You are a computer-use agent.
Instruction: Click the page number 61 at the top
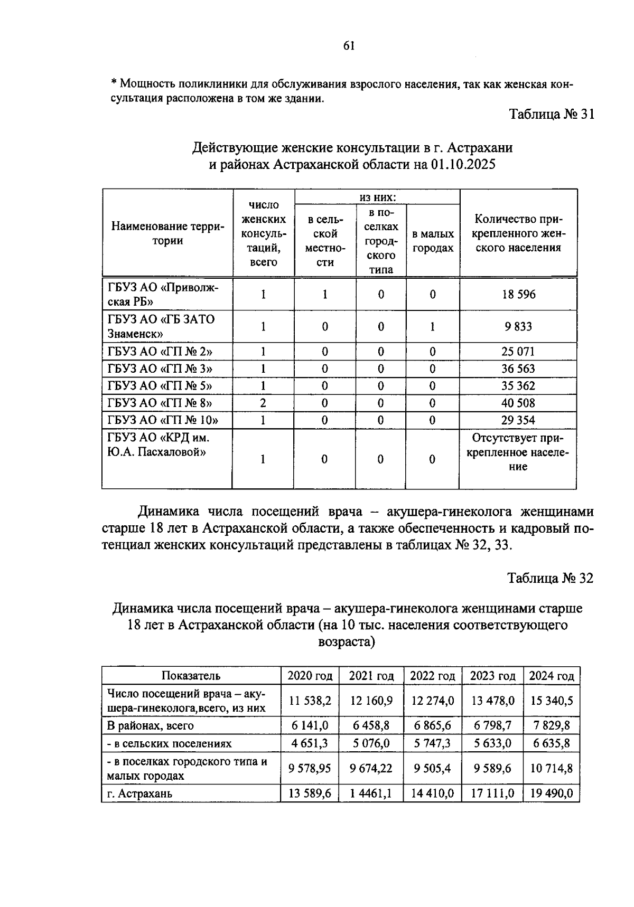[349, 45]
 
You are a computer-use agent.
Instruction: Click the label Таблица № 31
[551, 114]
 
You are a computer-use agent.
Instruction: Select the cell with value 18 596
[518, 294]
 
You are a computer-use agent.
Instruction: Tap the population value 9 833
[518, 326]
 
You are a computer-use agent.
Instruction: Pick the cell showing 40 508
[518, 403]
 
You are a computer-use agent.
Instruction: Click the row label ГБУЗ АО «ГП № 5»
[160, 386]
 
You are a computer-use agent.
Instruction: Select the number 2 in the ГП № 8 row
[263, 403]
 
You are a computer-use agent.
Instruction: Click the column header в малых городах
[433, 241]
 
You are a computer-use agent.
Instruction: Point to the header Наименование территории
[167, 234]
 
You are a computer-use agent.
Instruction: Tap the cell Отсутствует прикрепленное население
[518, 452]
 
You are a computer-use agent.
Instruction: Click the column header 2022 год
[432, 676]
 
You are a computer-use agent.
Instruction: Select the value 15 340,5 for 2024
[551, 701]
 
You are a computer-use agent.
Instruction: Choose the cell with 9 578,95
[310, 768]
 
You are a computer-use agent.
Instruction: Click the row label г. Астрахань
[139, 793]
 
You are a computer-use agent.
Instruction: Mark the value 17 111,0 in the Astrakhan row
[492, 793]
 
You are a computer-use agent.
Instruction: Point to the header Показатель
[191, 676]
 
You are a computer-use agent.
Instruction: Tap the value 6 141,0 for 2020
[310, 725]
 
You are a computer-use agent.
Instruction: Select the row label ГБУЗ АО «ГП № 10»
[163, 420]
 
